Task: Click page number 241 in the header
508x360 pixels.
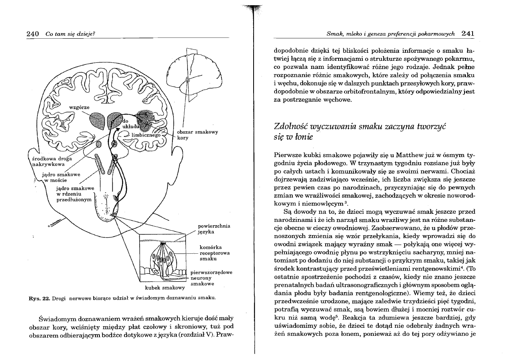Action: coord(468,34)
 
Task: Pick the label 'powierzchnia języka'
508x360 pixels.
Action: coord(213,229)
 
